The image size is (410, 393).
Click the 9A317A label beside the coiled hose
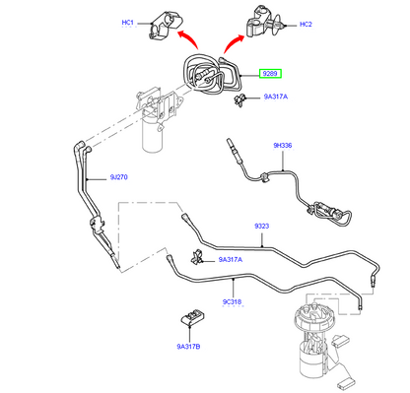pyautogui.click(x=277, y=98)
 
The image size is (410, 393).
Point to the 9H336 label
pyautogui.click(x=283, y=147)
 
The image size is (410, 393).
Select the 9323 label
pyautogui.click(x=261, y=228)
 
